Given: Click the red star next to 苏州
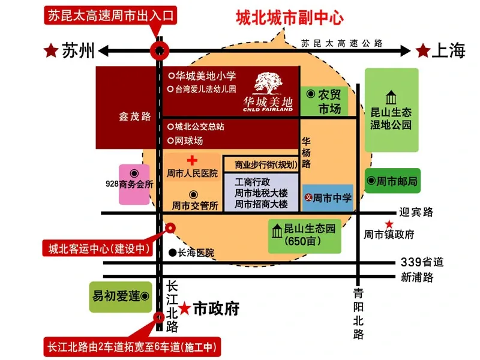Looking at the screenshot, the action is [51, 50].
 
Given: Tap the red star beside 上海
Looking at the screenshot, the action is [423, 50].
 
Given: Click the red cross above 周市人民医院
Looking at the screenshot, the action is [192, 160].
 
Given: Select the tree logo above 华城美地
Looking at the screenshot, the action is [268, 83].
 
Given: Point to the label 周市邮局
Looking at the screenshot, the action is [397, 181].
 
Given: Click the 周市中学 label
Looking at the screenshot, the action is [332, 198].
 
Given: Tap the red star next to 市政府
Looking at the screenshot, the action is [185, 308].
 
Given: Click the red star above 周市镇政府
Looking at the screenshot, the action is [389, 224].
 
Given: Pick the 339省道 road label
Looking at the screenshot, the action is [422, 262].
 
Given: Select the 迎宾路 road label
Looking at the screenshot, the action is [416, 212].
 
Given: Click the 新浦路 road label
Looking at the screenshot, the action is [417, 277].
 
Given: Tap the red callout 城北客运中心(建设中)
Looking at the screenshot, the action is [98, 248].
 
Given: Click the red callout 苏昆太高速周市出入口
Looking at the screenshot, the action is [110, 15].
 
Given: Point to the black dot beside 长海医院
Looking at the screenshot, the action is [173, 253].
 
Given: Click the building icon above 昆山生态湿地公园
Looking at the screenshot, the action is [391, 98].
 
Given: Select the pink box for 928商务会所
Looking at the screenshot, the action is [134, 185].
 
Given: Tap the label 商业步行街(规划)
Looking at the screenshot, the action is [266, 165].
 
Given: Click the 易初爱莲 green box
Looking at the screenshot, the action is [121, 296].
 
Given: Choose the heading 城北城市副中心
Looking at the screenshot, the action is [290, 18].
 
